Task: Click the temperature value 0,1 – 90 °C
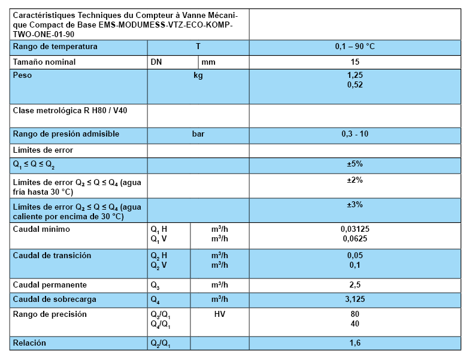(355, 46)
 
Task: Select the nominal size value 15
(355, 62)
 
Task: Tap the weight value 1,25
(355, 75)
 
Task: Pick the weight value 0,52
(355, 84)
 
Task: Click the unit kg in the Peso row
(198, 75)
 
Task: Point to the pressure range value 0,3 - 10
(355, 134)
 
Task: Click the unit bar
(198, 134)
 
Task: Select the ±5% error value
(355, 164)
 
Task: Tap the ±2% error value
(355, 180)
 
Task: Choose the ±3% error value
(355, 204)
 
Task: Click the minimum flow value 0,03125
(355, 229)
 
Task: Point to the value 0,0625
(355, 238)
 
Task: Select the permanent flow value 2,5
(355, 285)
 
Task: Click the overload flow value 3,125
(355, 299)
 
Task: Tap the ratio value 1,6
(355, 343)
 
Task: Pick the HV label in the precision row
(220, 314)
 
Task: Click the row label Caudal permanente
(50, 285)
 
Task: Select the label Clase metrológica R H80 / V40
(70, 111)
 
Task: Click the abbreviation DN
(156, 62)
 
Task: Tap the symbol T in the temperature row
(198, 46)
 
